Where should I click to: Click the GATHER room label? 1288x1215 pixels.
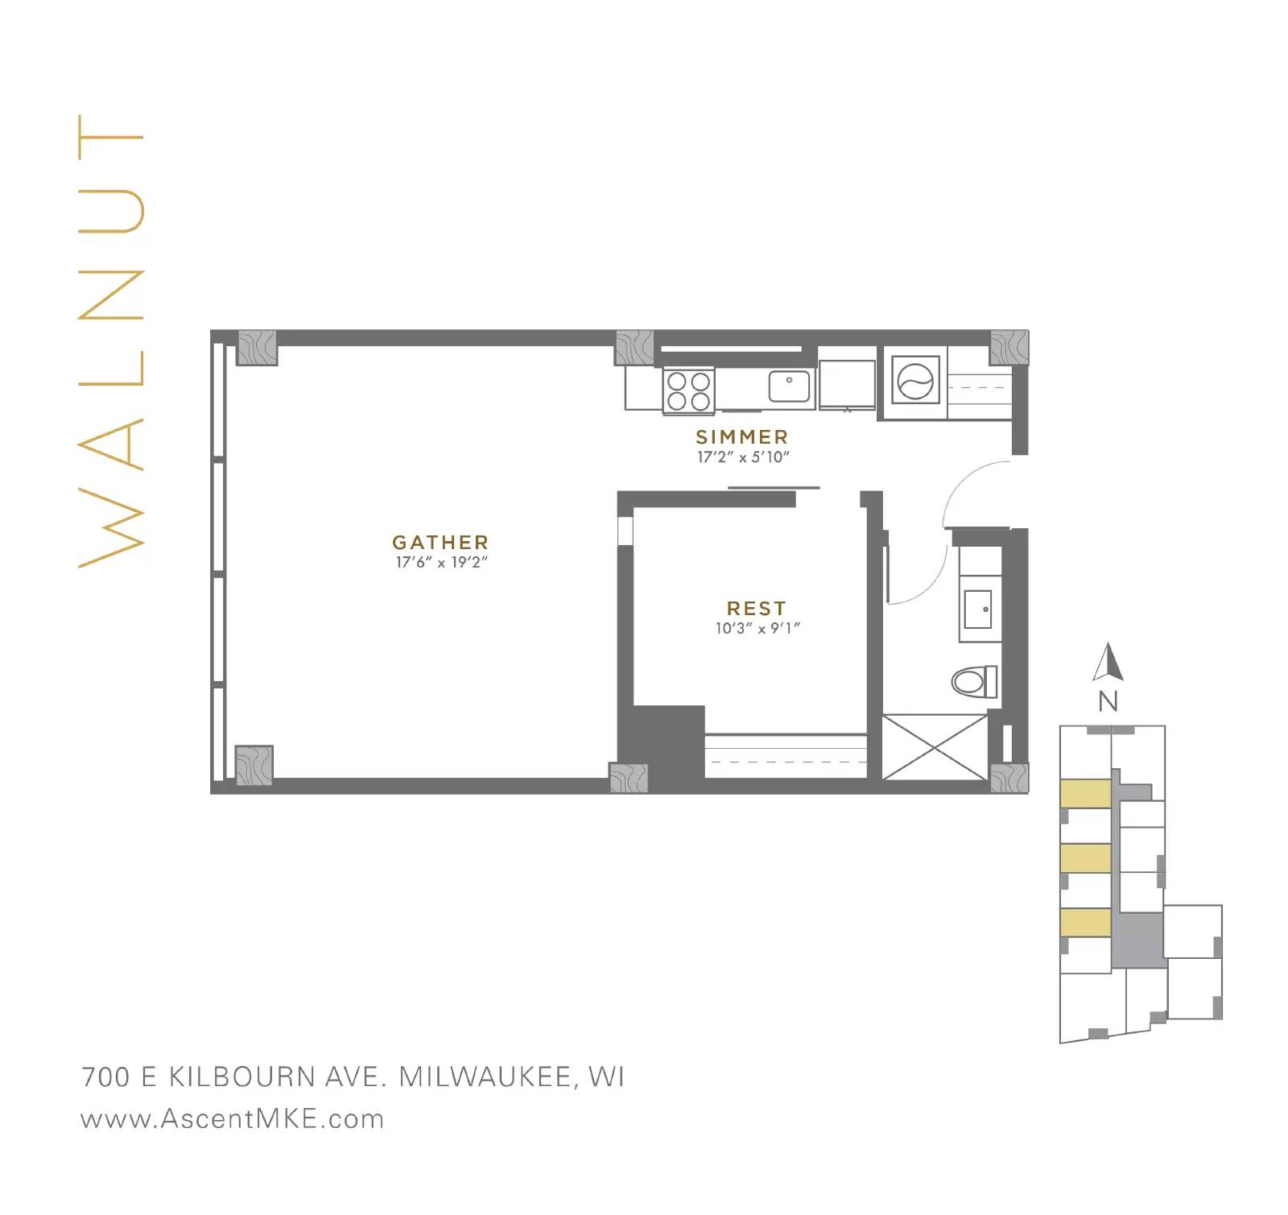click(x=440, y=542)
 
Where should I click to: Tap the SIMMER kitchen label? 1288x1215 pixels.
click(x=742, y=436)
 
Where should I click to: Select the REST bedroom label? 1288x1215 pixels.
click(x=757, y=608)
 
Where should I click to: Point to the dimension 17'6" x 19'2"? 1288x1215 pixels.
click(x=442, y=562)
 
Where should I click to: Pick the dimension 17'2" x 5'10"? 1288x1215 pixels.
click(x=743, y=457)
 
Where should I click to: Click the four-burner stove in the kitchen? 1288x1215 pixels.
click(x=689, y=391)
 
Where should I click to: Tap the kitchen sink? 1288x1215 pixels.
click(x=789, y=386)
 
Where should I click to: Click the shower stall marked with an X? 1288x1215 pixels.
click(x=935, y=746)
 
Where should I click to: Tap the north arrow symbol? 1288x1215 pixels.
click(x=1108, y=662)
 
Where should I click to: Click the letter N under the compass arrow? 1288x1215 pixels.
click(x=1108, y=702)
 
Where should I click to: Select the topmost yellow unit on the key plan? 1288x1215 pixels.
click(x=1085, y=793)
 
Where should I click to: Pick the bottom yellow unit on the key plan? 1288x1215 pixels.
click(x=1085, y=923)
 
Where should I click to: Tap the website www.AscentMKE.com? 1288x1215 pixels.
click(x=233, y=1119)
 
